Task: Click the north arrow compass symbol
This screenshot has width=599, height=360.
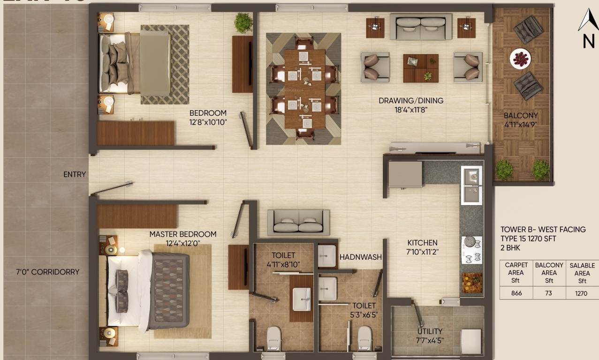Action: (587, 29)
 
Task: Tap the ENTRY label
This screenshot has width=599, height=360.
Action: (75, 174)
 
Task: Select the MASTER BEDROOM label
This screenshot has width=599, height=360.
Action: (183, 234)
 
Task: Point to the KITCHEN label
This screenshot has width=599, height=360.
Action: (422, 243)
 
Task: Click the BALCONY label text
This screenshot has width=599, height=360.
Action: (521, 115)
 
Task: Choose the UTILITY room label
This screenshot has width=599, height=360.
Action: (430, 332)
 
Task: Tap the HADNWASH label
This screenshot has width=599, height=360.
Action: (361, 257)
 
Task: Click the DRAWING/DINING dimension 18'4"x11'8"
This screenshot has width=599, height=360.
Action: (411, 110)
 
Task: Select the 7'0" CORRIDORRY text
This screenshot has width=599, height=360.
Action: (47, 272)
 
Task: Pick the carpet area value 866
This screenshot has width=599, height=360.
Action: (516, 293)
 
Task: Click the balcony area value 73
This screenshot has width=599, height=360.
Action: (549, 293)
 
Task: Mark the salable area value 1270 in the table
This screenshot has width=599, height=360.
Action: (582, 293)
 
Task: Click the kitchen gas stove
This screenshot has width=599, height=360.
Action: (472, 250)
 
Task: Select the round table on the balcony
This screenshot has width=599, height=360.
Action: (520, 59)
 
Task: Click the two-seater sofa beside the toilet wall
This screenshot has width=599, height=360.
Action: (298, 222)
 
